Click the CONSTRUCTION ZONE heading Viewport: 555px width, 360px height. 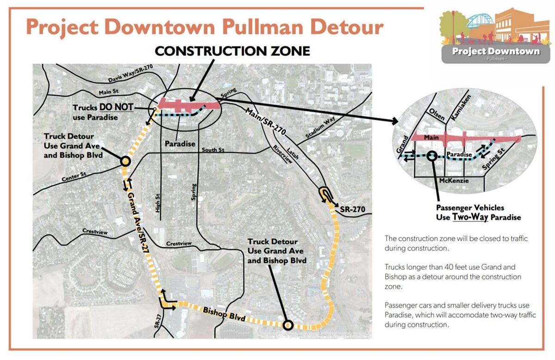(x=232, y=51)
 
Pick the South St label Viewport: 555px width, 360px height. (x=214, y=150)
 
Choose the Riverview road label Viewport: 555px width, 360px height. (x=283, y=154)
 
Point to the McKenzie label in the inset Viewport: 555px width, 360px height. (x=455, y=181)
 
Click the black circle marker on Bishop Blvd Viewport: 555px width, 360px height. (x=288, y=325)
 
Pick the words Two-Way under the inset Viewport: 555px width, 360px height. (x=471, y=217)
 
